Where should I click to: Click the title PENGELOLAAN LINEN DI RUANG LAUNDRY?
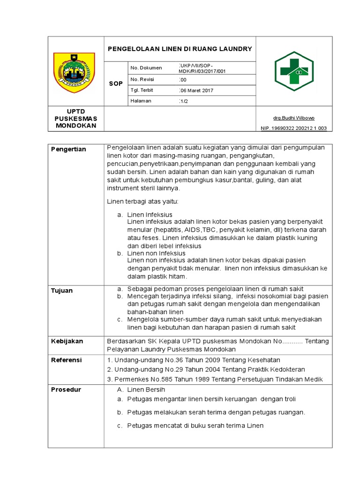180,49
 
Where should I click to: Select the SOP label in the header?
116,83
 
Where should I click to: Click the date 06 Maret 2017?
196,90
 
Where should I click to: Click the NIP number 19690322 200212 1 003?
294,128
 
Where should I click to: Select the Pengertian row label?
68,149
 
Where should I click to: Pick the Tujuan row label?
62,291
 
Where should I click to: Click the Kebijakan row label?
67,341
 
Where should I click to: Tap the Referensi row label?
67,360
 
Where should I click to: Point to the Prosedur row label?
66,390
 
